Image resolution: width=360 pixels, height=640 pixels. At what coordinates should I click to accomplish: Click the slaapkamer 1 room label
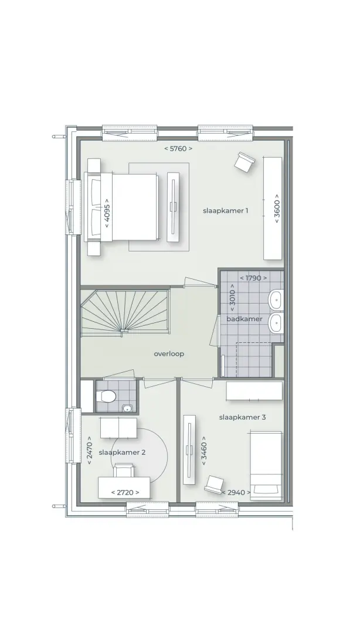(x=225, y=210)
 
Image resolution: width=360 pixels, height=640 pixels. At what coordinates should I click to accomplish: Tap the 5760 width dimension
(x=178, y=149)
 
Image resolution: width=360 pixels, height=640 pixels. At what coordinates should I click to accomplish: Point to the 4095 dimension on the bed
(x=107, y=213)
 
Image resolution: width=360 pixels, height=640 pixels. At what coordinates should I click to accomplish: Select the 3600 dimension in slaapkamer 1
(x=277, y=209)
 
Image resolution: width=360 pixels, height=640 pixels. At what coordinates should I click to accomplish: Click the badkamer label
(x=244, y=319)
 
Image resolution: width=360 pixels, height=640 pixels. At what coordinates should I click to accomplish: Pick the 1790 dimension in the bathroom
(x=253, y=278)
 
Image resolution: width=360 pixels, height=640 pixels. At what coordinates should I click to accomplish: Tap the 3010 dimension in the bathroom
(x=232, y=298)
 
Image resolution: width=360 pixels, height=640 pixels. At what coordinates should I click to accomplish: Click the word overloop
(x=169, y=353)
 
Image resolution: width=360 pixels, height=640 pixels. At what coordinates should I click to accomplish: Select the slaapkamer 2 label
(x=122, y=452)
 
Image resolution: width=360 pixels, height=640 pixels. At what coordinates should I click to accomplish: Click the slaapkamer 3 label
(x=243, y=417)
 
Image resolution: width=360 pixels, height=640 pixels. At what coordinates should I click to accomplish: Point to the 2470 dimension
(x=89, y=450)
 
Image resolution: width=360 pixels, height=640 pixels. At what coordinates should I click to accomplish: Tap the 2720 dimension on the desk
(x=125, y=493)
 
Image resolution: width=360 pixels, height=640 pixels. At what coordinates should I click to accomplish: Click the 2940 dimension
(x=236, y=493)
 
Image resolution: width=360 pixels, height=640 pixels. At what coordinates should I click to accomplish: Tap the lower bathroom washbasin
(x=276, y=324)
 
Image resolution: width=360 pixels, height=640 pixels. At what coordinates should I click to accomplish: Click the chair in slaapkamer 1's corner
(x=244, y=162)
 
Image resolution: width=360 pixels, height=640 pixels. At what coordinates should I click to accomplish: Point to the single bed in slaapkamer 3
(x=266, y=466)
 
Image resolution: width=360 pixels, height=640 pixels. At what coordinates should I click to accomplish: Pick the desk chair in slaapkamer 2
(x=124, y=470)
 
